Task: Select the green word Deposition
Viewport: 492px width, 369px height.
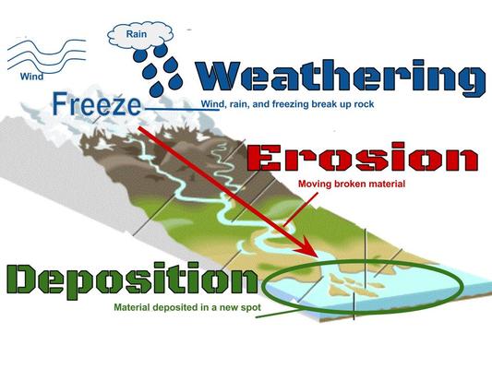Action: (129, 280)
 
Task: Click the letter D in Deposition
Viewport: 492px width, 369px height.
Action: (28, 280)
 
